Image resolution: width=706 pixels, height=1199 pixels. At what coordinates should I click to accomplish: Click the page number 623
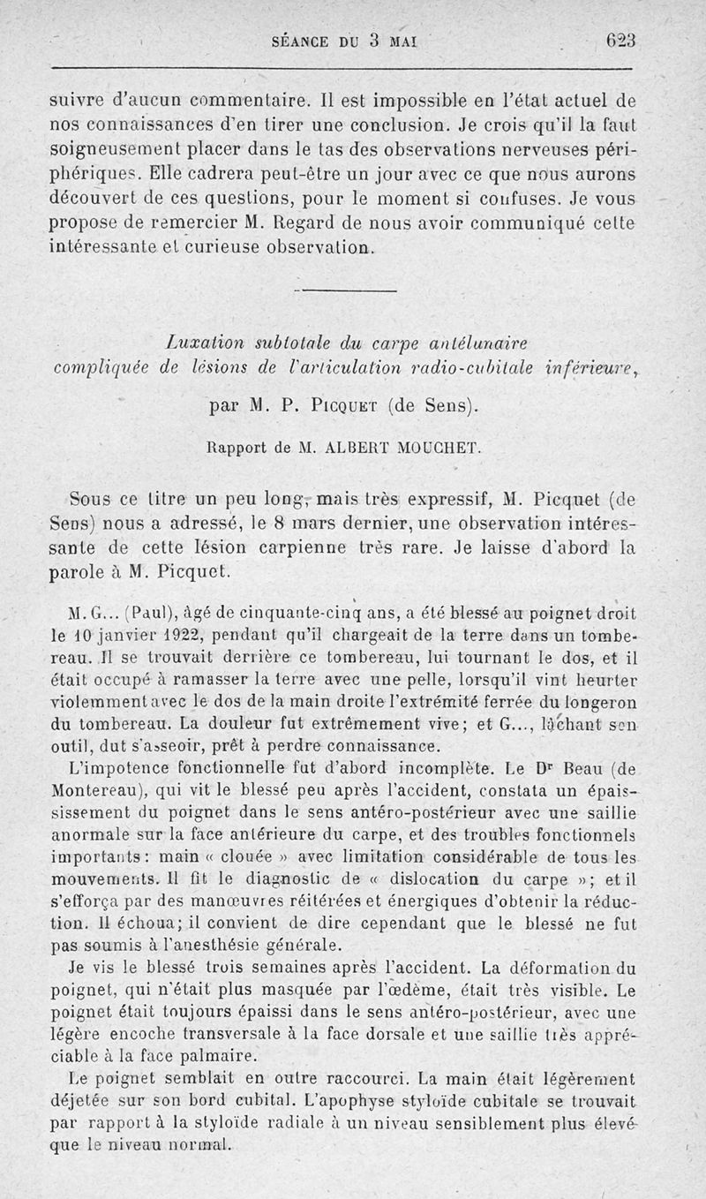pyautogui.click(x=620, y=41)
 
